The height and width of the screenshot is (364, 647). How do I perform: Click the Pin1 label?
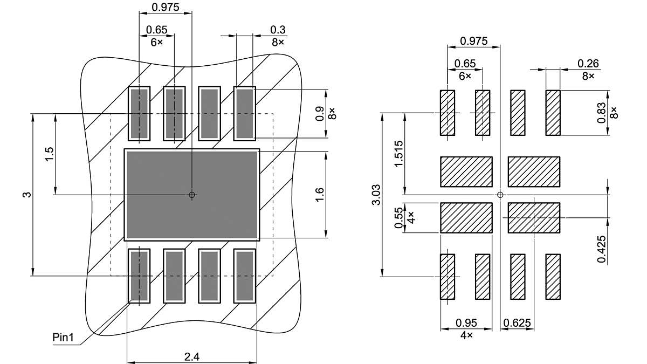click(63, 337)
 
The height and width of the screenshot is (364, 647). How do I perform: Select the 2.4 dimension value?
click(192, 357)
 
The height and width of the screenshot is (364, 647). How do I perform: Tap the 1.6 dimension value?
click(319, 195)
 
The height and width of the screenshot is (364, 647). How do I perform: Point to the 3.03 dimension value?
click(376, 195)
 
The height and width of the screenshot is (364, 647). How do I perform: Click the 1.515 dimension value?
click(398, 154)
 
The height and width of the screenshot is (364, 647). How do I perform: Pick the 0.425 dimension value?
click(601, 249)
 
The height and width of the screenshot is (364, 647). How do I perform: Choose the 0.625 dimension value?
click(517, 322)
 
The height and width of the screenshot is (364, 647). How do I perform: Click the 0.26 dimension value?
click(588, 64)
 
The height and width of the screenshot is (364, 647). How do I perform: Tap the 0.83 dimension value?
click(601, 113)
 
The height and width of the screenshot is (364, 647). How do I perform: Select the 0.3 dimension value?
click(278, 30)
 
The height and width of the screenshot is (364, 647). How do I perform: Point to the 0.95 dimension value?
click(466, 322)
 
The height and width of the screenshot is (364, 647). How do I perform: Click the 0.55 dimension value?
click(398, 217)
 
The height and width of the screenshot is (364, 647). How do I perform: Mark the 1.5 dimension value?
click(50, 154)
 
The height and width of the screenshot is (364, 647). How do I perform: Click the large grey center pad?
click(192, 195)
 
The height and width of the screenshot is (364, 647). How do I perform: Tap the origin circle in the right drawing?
click(500, 195)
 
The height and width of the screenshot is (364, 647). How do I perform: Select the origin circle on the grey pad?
click(192, 195)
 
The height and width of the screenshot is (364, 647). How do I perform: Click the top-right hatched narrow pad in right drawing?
click(553, 113)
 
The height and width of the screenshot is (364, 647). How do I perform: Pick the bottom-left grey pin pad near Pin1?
click(139, 276)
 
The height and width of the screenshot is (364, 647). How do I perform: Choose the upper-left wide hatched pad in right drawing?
click(466, 172)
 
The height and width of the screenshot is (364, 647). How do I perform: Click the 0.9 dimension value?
click(319, 114)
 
